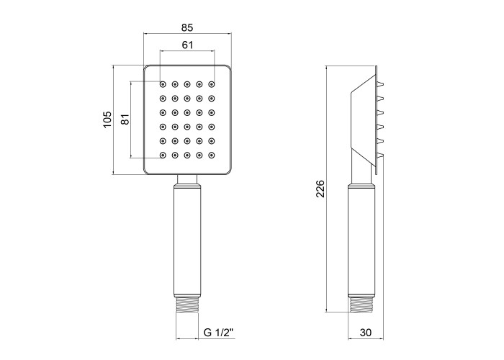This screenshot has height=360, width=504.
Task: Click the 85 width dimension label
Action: [x=187, y=27]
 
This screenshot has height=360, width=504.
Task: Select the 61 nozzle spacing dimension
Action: [x=188, y=45]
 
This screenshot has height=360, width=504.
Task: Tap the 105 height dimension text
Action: [x=107, y=120]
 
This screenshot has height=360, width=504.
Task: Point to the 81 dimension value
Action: [x=125, y=120]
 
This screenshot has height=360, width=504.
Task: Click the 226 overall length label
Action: [x=320, y=189]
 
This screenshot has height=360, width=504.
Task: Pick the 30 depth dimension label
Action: [x=366, y=333]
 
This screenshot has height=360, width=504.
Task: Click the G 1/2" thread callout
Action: [x=218, y=333]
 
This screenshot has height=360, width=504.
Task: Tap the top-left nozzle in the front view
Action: [x=163, y=84]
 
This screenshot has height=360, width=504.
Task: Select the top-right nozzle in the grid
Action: [x=212, y=84]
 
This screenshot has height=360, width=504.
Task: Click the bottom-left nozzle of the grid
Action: [x=163, y=156]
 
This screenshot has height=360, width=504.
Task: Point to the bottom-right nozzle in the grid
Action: [x=212, y=156]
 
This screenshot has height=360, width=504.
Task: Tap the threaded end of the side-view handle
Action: [x=361, y=305]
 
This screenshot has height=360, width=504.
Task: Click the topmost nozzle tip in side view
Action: [x=380, y=84]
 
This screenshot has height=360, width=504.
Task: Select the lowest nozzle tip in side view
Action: [x=380, y=156]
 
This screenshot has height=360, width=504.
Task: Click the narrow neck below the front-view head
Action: [x=187, y=179]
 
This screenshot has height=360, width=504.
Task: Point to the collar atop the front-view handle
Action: [x=187, y=186]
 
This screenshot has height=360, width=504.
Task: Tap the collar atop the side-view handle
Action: [x=361, y=186]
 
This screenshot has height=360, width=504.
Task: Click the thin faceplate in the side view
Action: [x=376, y=120]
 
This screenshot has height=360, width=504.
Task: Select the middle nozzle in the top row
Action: [x=187, y=84]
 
